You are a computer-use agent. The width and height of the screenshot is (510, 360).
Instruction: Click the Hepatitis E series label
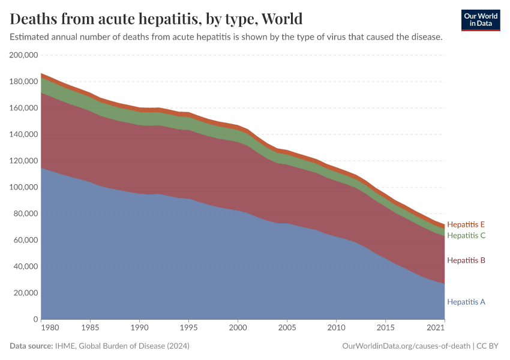tap(466, 224)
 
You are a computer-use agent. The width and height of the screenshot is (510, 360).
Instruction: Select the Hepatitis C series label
tap(466, 235)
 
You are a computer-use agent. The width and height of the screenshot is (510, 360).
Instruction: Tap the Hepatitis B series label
tap(466, 260)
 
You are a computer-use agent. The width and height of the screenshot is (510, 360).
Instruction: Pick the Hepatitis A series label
tap(466, 302)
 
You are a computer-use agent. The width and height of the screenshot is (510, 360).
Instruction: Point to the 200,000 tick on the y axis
tap(24, 55)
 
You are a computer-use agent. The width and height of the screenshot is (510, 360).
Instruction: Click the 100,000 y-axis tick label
tap(24, 187)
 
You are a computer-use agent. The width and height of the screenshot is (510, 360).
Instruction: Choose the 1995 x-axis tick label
tap(189, 329)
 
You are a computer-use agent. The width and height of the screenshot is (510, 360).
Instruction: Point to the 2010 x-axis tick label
tap(337, 329)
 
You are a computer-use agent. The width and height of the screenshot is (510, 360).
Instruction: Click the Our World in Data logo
tap(481, 20)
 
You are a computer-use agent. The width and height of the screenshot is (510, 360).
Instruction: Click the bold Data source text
tap(31, 346)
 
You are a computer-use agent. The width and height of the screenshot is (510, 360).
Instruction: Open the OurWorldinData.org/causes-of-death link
tap(406, 346)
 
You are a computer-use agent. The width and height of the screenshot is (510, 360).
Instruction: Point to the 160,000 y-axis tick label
tap(24, 108)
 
